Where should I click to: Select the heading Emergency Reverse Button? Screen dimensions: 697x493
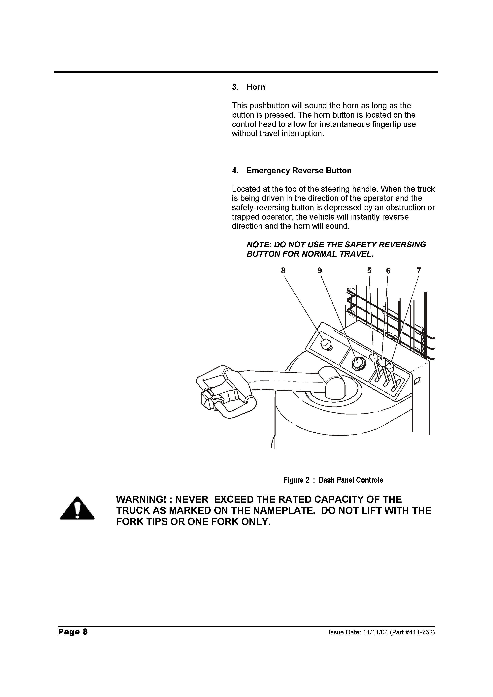pos(299,171)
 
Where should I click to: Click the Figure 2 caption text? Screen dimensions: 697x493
pos(333,480)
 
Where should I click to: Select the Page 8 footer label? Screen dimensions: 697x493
pos(73,632)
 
